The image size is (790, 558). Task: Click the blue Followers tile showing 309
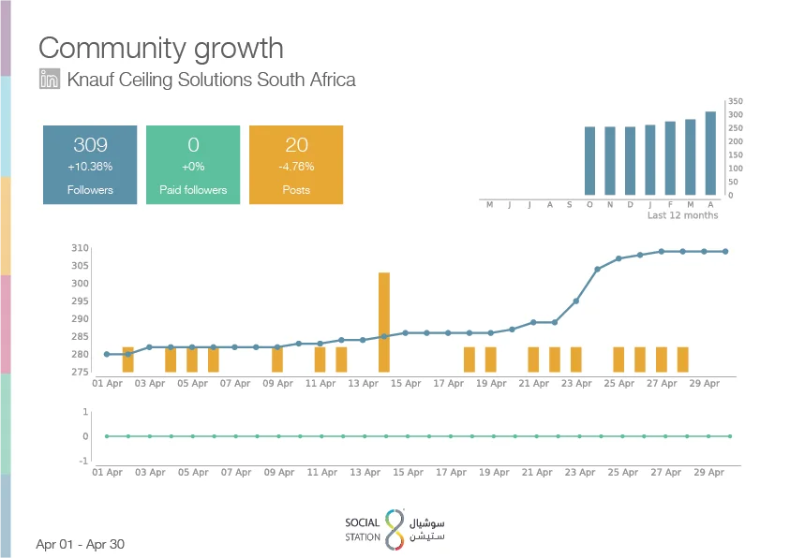90,165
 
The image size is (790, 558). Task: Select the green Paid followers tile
193,165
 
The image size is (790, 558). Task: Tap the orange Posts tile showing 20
296,165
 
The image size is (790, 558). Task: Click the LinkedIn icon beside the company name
50,79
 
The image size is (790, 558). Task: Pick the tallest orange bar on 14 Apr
384,322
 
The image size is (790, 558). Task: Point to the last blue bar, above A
710,153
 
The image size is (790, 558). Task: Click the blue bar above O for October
589,160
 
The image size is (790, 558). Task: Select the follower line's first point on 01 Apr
107,354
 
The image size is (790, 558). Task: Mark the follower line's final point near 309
725,252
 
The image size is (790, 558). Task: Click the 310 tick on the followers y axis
80,247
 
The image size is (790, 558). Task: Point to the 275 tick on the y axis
80,372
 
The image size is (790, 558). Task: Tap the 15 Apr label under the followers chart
406,384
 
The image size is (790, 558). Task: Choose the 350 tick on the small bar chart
735,101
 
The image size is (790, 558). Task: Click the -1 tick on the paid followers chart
83,461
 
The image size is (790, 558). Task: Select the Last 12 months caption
682,215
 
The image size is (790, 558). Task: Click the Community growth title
161,49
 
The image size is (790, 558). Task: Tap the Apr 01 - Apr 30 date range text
80,544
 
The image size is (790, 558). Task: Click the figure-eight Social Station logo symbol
395,529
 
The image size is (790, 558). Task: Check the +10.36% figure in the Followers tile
90,167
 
